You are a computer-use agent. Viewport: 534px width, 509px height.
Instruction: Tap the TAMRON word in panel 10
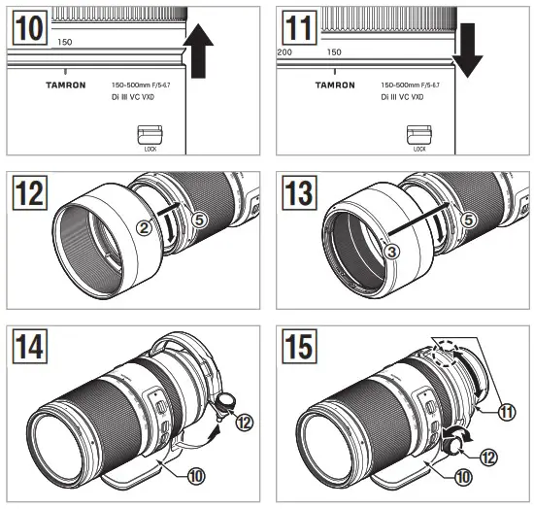click(65, 85)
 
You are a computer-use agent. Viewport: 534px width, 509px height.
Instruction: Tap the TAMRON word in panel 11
click(335, 85)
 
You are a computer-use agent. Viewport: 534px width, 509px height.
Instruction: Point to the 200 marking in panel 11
click(284, 51)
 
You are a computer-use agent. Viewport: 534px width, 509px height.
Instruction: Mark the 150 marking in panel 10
click(65, 42)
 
